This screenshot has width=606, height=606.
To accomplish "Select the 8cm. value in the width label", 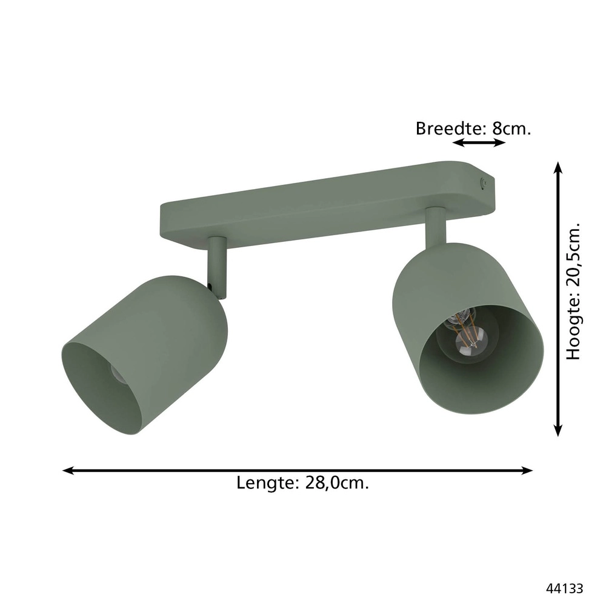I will coord(512,128).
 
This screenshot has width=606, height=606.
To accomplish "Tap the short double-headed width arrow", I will coord(479,142).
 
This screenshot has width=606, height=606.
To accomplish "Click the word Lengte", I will coord(265,484).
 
